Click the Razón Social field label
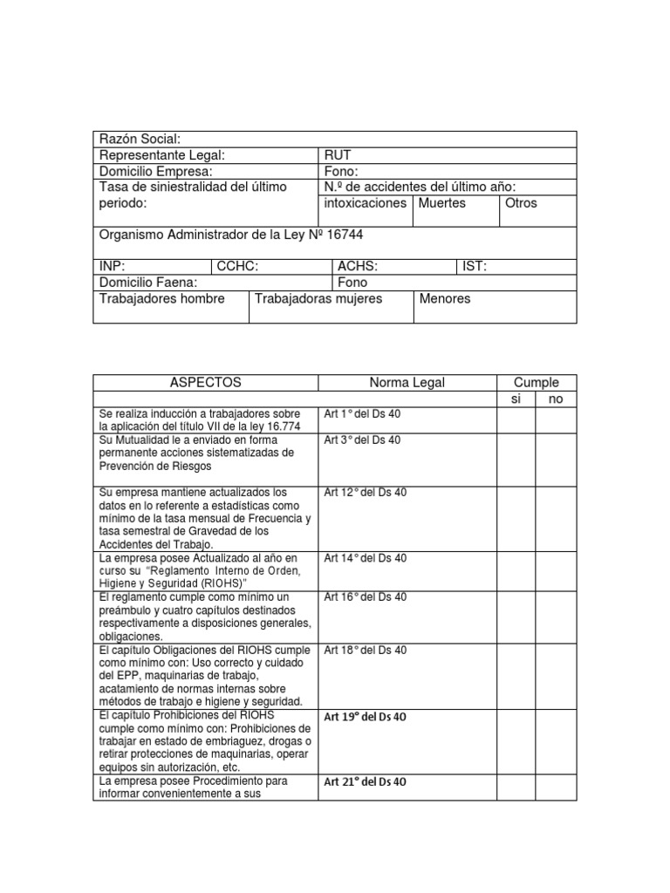click(140, 140)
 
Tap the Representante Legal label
click(162, 155)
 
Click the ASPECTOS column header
click(205, 383)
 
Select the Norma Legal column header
click(407, 383)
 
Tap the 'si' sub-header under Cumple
click(515, 399)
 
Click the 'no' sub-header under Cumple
click(555, 399)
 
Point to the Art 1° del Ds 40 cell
click(362, 414)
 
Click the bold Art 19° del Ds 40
click(365, 717)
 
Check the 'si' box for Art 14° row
click(516, 570)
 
